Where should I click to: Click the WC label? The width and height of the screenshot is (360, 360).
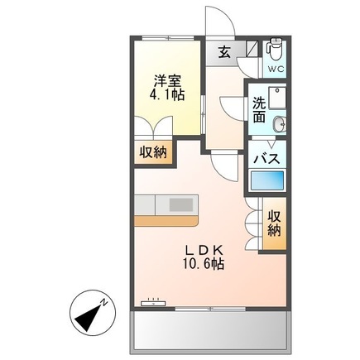point(276,70)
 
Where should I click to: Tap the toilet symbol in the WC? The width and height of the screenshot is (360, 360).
point(276,49)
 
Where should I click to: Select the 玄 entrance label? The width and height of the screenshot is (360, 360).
point(224,52)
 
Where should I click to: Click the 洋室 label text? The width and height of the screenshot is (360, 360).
point(167,81)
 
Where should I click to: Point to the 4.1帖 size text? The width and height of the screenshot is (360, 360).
point(167,95)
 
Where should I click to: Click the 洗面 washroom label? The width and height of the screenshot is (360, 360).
point(259,111)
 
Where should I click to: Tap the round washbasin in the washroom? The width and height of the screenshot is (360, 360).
point(280,125)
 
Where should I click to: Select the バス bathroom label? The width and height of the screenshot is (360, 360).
point(266,159)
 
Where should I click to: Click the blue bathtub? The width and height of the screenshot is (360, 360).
point(266,180)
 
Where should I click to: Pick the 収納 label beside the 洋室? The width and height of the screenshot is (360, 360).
point(153,151)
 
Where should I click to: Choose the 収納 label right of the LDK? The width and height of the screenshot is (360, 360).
point(274,223)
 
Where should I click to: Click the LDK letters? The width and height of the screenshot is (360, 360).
point(204,250)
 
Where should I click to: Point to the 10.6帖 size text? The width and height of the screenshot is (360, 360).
point(203,264)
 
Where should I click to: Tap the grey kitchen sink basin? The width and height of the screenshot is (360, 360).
point(180,204)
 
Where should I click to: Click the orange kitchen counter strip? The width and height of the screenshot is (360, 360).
point(166,221)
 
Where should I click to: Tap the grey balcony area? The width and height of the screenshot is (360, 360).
point(210,331)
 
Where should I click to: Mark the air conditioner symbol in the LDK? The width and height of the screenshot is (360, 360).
point(153,303)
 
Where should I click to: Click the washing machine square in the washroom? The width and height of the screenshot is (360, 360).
point(277,98)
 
